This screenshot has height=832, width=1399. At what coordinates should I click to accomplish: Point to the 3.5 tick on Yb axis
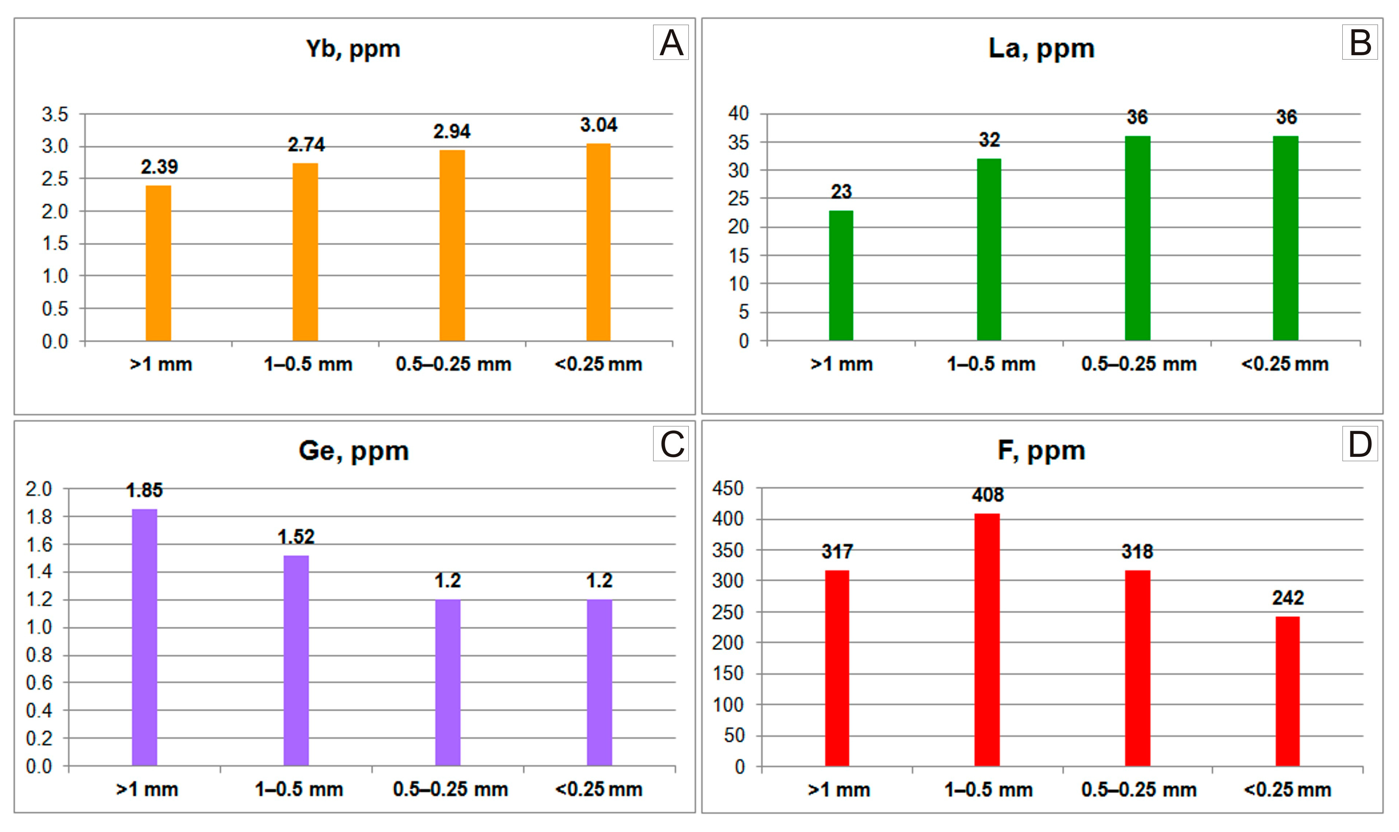[54, 114]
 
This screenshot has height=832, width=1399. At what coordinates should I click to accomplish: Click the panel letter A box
[671, 42]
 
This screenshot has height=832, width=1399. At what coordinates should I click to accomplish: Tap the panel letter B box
[1359, 42]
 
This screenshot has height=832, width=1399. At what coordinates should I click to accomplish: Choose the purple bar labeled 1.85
[144, 637]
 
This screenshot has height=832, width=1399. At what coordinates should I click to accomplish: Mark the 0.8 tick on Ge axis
[39, 655]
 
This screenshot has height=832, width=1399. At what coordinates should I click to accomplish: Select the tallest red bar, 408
[987, 639]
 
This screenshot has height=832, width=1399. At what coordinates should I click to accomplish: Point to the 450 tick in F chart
[727, 488]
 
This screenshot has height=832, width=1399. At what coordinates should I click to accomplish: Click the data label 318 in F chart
[1137, 552]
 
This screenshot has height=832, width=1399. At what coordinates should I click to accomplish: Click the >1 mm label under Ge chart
[147, 790]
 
